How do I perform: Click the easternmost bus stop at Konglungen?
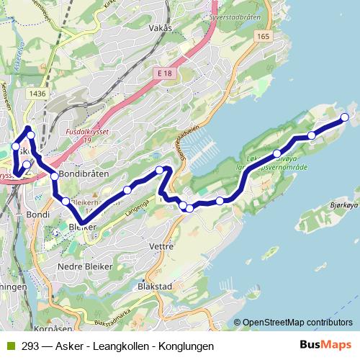[x=344, y=117]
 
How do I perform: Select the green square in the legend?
[x=9, y=346]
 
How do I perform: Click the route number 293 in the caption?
[x=30, y=346]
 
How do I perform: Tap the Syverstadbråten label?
[x=234, y=14]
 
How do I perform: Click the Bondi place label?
[x=37, y=215]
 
